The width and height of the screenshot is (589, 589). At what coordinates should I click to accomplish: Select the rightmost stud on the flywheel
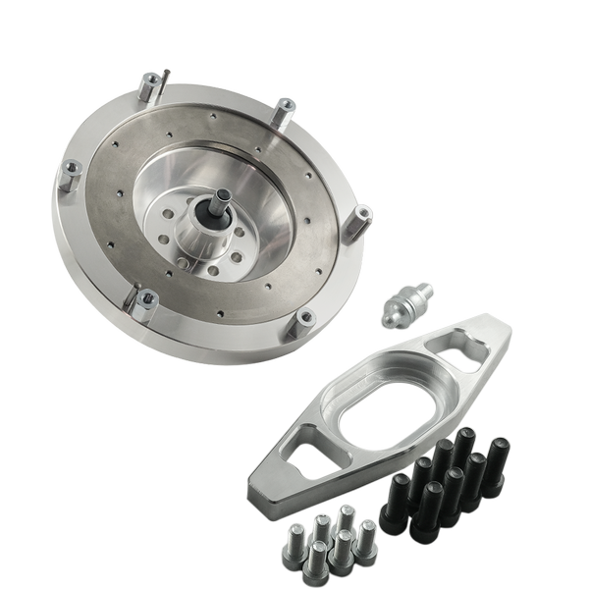pos(362,220)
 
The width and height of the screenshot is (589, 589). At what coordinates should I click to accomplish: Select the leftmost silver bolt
pos(294,541)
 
